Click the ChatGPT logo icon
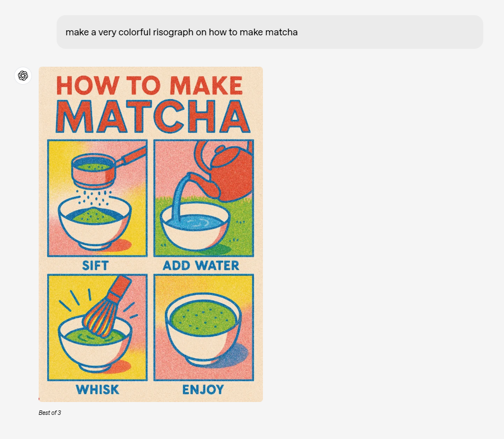(x=23, y=76)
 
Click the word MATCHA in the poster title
(x=153, y=117)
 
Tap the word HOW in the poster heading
(x=87, y=85)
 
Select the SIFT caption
(x=95, y=266)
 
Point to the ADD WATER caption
(x=201, y=266)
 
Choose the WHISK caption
(x=98, y=390)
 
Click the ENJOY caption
(x=203, y=390)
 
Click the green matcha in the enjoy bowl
(x=204, y=317)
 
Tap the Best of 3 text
(x=50, y=413)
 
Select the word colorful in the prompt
(x=134, y=32)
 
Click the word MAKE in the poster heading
(x=206, y=85)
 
